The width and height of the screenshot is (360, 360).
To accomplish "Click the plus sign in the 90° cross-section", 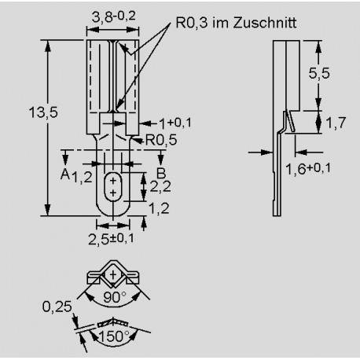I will click(x=113, y=274).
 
